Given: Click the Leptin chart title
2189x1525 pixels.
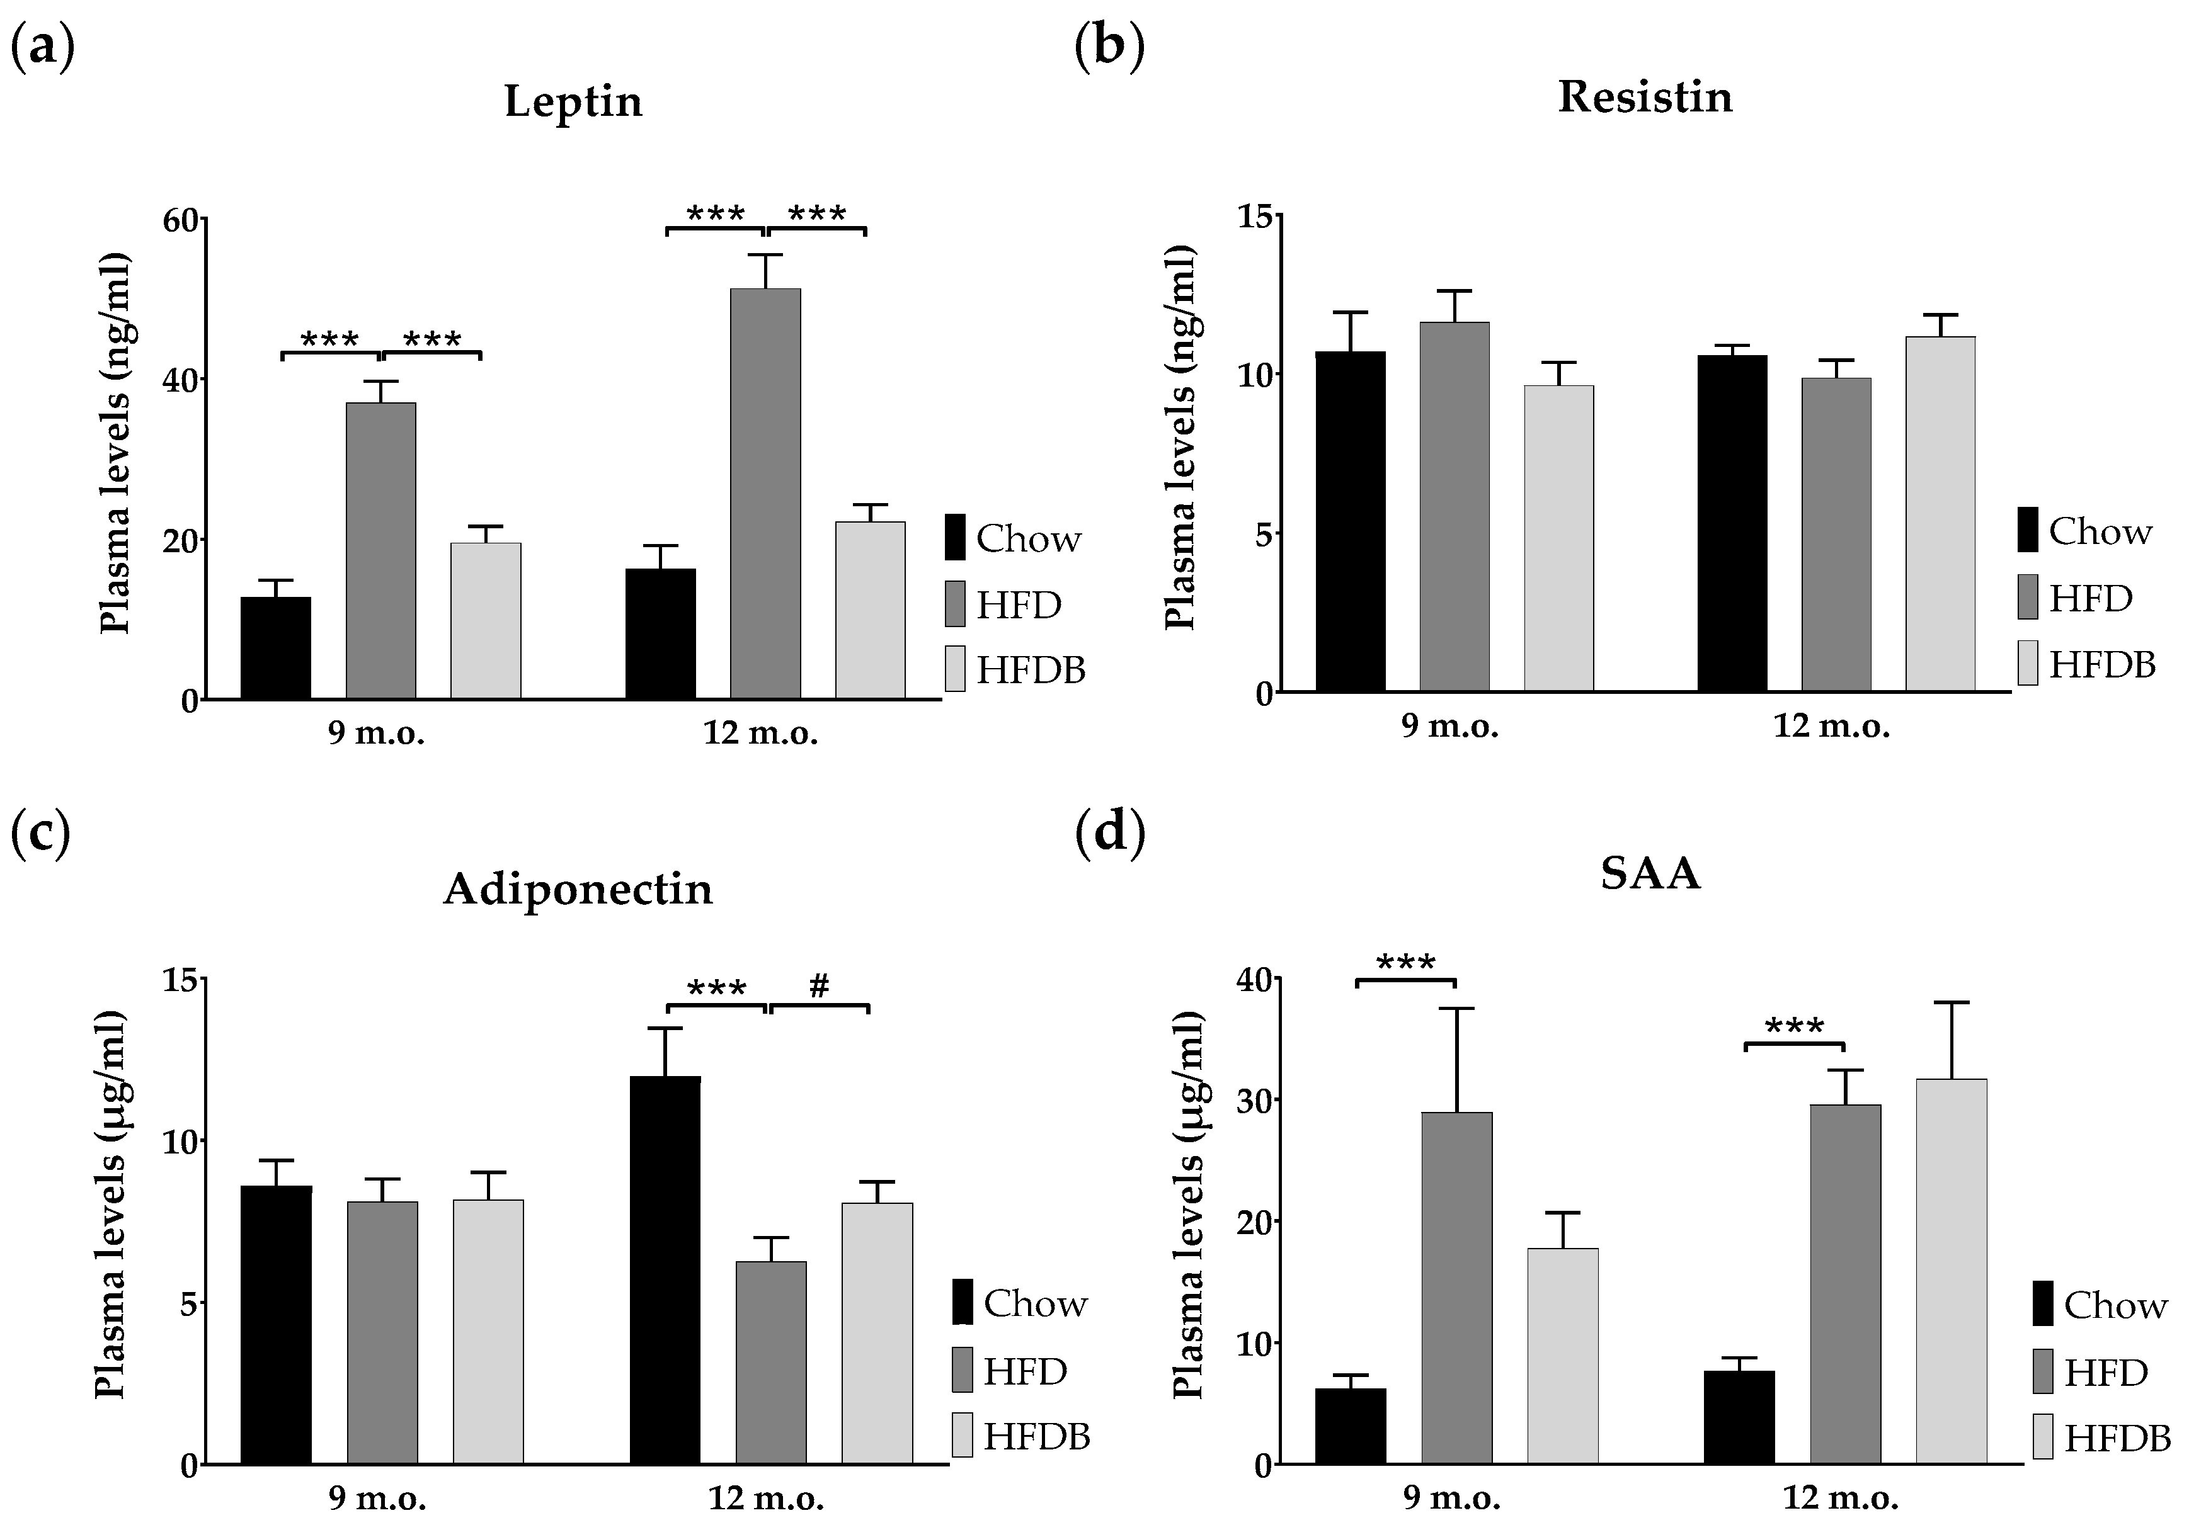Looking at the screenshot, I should (x=573, y=101).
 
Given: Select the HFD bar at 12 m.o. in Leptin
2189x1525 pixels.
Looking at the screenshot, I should (x=765, y=493).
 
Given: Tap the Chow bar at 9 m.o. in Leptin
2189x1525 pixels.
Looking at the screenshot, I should (x=275, y=648).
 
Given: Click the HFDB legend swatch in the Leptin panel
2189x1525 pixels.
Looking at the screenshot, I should (x=954, y=668).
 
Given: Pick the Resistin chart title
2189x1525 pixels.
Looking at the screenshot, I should (x=1645, y=97).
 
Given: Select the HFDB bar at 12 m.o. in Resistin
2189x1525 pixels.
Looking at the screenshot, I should (x=1940, y=514).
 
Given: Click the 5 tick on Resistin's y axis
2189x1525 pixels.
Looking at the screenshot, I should (x=1263, y=534).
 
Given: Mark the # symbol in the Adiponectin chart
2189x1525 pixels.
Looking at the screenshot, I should (x=819, y=987).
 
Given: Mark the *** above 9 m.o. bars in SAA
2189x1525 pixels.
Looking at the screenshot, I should (x=1405, y=963).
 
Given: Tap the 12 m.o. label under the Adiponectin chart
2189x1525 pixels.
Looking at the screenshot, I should (x=765, y=1499).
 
